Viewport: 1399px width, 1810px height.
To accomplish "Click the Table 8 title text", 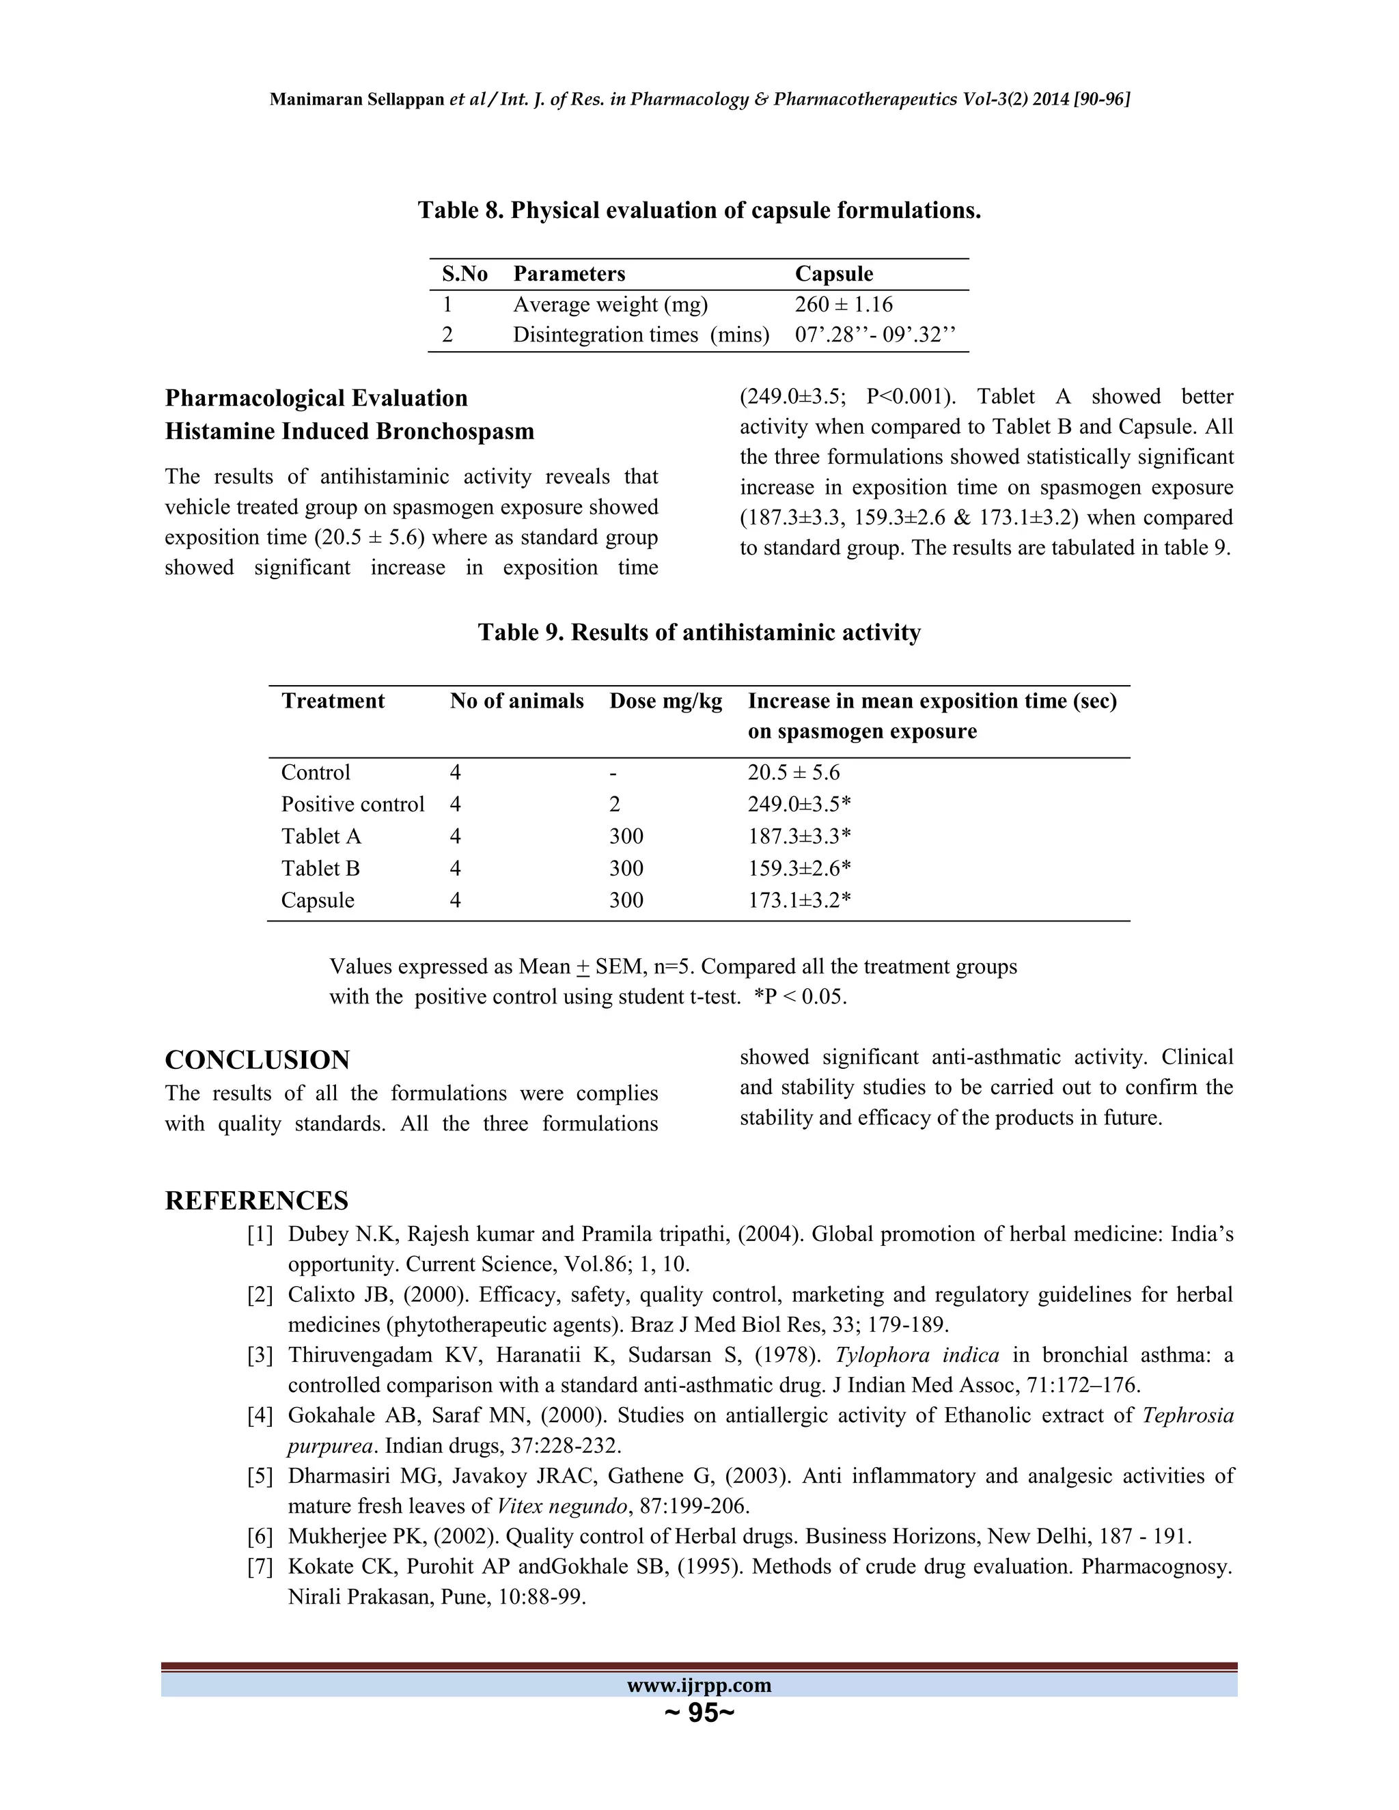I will (699, 210).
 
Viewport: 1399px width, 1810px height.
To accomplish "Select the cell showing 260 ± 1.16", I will (843, 305).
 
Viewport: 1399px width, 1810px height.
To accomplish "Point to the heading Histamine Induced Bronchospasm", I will (349, 432).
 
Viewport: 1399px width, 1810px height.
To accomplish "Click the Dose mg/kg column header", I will (665, 701).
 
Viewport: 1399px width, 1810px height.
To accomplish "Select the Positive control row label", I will (352, 805).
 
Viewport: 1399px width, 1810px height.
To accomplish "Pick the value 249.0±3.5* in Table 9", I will (800, 805).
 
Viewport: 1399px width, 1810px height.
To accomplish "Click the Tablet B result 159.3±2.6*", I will (800, 869).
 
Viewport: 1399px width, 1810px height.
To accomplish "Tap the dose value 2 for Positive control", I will (615, 805).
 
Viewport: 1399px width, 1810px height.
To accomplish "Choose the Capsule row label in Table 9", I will (318, 901).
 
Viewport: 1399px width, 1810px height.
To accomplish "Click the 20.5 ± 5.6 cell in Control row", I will (793, 773).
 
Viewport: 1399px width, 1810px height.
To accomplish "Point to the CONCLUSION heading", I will (257, 1060).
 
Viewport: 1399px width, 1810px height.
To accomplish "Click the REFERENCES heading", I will (256, 1201).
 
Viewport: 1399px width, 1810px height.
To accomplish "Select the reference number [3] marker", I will (260, 1356).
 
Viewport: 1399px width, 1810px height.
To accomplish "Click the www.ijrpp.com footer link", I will (699, 1686).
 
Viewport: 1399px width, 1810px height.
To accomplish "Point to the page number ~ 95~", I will (699, 1713).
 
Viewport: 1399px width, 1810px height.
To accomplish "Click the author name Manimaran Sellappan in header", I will (357, 100).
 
